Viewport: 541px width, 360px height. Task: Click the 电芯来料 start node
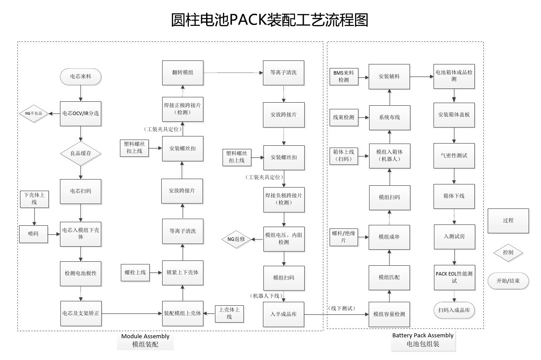click(x=80, y=77)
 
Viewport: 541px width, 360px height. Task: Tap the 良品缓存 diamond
click(x=81, y=153)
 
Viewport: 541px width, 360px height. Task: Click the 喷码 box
click(x=34, y=234)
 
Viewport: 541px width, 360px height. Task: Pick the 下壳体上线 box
click(x=34, y=199)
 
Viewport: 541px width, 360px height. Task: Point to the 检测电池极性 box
click(x=81, y=272)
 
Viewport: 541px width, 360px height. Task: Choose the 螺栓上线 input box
click(x=135, y=272)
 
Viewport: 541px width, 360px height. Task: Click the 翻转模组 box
click(x=183, y=73)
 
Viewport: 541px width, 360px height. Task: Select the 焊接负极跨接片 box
click(x=284, y=199)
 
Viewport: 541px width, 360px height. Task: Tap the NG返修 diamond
click(x=236, y=239)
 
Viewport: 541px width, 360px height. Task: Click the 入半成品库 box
click(x=284, y=314)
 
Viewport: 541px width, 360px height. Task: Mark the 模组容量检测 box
click(x=389, y=314)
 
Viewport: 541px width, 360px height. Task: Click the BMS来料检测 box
click(x=343, y=77)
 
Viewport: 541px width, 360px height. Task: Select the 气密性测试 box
click(x=454, y=156)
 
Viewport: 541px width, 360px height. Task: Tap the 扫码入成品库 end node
click(x=453, y=310)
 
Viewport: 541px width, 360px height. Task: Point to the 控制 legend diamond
click(x=508, y=252)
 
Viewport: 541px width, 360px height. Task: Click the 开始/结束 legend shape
click(x=508, y=281)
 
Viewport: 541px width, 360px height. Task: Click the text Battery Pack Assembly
click(x=423, y=336)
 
